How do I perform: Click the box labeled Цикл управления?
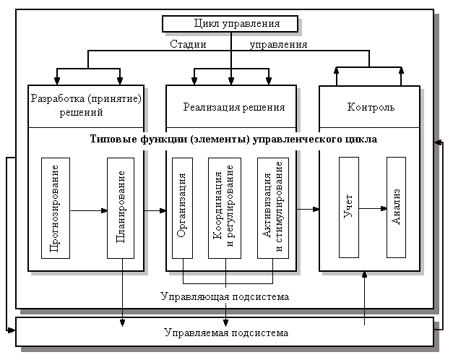point(230,24)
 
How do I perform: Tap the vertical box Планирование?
point(121,208)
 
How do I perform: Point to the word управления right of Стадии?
point(278,44)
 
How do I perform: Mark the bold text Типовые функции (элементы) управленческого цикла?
point(234,137)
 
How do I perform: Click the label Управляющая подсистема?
point(225,296)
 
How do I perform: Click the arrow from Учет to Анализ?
point(373,209)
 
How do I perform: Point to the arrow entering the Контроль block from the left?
point(308,209)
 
